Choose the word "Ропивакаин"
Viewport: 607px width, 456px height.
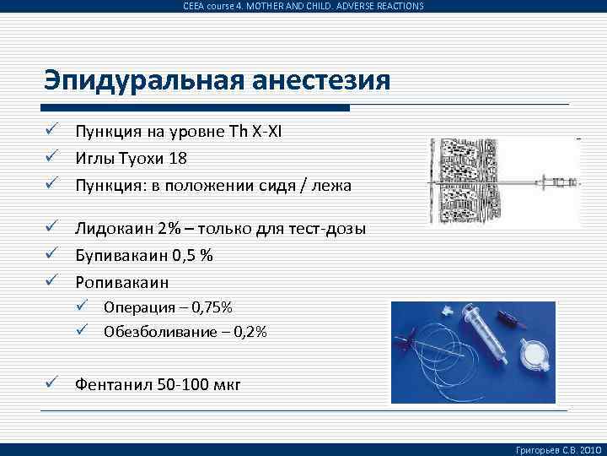pyautogui.click(x=121, y=282)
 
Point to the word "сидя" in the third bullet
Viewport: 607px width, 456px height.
pyautogui.click(x=265, y=185)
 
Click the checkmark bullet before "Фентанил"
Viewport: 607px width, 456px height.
pyautogui.click(x=52, y=384)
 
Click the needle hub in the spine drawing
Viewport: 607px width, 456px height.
pyautogui.click(x=556, y=180)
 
